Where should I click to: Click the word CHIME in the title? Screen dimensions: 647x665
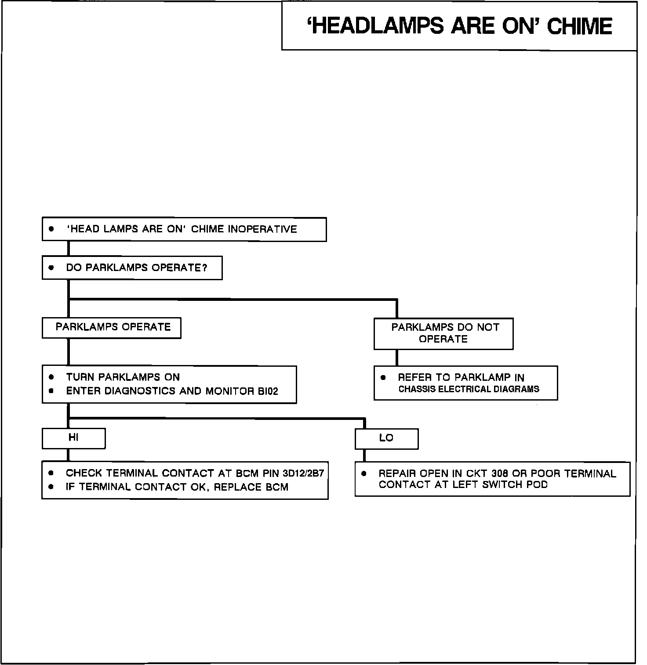579,26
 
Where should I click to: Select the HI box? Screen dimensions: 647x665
73,438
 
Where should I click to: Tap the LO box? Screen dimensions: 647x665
386,438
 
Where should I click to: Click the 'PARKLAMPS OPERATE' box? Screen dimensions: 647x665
112,328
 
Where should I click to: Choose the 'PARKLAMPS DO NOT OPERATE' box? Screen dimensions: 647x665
443,333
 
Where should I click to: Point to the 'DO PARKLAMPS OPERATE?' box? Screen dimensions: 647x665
132,268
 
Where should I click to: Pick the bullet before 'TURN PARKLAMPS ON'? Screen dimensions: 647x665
51,377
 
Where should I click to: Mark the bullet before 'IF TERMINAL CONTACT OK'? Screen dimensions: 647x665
51,487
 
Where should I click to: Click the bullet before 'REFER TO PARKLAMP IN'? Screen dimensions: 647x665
383,377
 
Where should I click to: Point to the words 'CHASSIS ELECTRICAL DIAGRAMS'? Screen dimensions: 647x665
469,389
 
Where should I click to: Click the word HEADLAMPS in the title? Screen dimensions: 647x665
376,26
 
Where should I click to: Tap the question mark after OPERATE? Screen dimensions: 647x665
204,268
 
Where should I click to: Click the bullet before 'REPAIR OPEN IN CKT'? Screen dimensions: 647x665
363,473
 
